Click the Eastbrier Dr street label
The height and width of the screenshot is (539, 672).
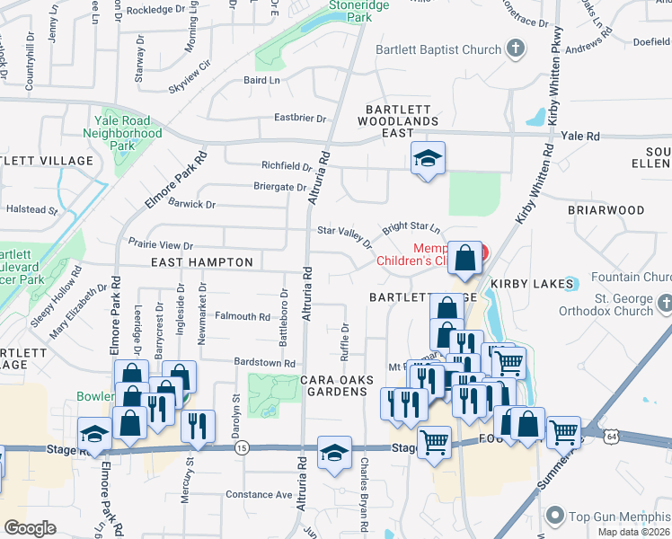click(300, 118)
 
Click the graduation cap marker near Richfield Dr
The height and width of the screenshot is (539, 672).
click(428, 159)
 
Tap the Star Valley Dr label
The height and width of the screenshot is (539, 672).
click(344, 232)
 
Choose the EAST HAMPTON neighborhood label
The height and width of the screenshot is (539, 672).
click(202, 262)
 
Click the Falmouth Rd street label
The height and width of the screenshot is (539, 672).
click(242, 316)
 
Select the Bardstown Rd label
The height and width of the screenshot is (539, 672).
click(265, 363)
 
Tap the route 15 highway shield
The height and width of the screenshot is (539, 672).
click(241, 446)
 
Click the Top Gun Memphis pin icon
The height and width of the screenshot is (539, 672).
click(555, 516)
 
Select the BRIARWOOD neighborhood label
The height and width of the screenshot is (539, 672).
click(606, 210)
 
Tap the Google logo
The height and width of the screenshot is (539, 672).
click(30, 528)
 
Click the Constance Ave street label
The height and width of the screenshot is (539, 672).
click(259, 494)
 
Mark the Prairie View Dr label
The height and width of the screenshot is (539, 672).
click(161, 244)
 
